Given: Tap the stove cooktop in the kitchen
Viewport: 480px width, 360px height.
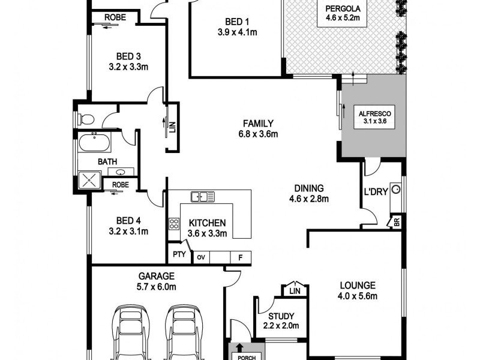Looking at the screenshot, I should [175, 224].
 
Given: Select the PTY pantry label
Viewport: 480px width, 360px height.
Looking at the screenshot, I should [178, 255].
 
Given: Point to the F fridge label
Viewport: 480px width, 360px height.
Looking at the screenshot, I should [241, 257].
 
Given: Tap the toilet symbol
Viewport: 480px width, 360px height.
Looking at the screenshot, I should [85, 118].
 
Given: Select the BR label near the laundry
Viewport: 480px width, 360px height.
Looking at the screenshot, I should [396, 222].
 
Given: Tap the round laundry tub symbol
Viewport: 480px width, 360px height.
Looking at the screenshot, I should [395, 190].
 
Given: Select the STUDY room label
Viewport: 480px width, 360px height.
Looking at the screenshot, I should [280, 316].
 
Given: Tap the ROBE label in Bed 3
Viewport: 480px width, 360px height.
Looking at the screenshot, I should [115, 17].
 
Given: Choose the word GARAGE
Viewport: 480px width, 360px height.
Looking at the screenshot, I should [157, 276].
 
